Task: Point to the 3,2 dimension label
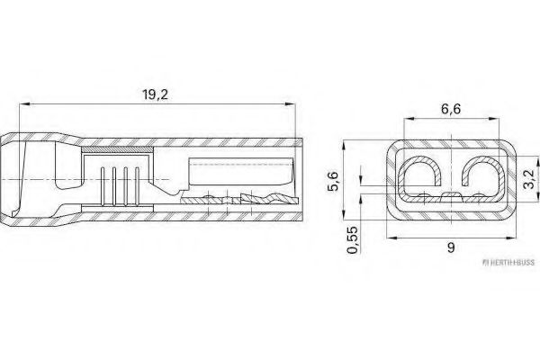tap(529, 173)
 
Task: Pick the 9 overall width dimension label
tap(448, 249)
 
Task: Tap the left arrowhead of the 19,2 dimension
tap(23, 106)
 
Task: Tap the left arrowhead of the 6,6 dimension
tap(407, 125)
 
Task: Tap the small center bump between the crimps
tap(449, 193)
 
